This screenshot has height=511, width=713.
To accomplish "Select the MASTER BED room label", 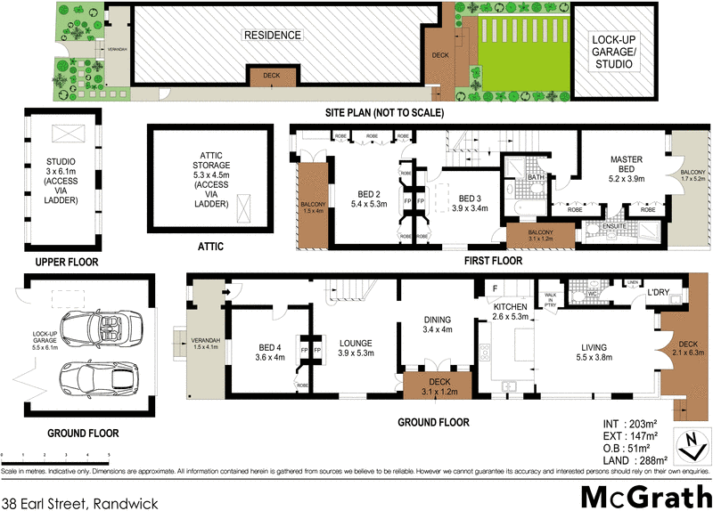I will (x=627, y=166).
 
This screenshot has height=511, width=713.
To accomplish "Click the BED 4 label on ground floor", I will (x=270, y=353).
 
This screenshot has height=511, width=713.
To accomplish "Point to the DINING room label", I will (x=438, y=325).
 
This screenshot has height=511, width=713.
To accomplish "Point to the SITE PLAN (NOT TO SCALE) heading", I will (x=384, y=113).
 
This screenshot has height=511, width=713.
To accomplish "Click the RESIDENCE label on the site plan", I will (x=273, y=36).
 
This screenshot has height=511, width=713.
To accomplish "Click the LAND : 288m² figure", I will (x=628, y=460).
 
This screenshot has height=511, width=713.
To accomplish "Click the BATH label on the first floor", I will (x=535, y=177).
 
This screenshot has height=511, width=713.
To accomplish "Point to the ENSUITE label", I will (x=615, y=226).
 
